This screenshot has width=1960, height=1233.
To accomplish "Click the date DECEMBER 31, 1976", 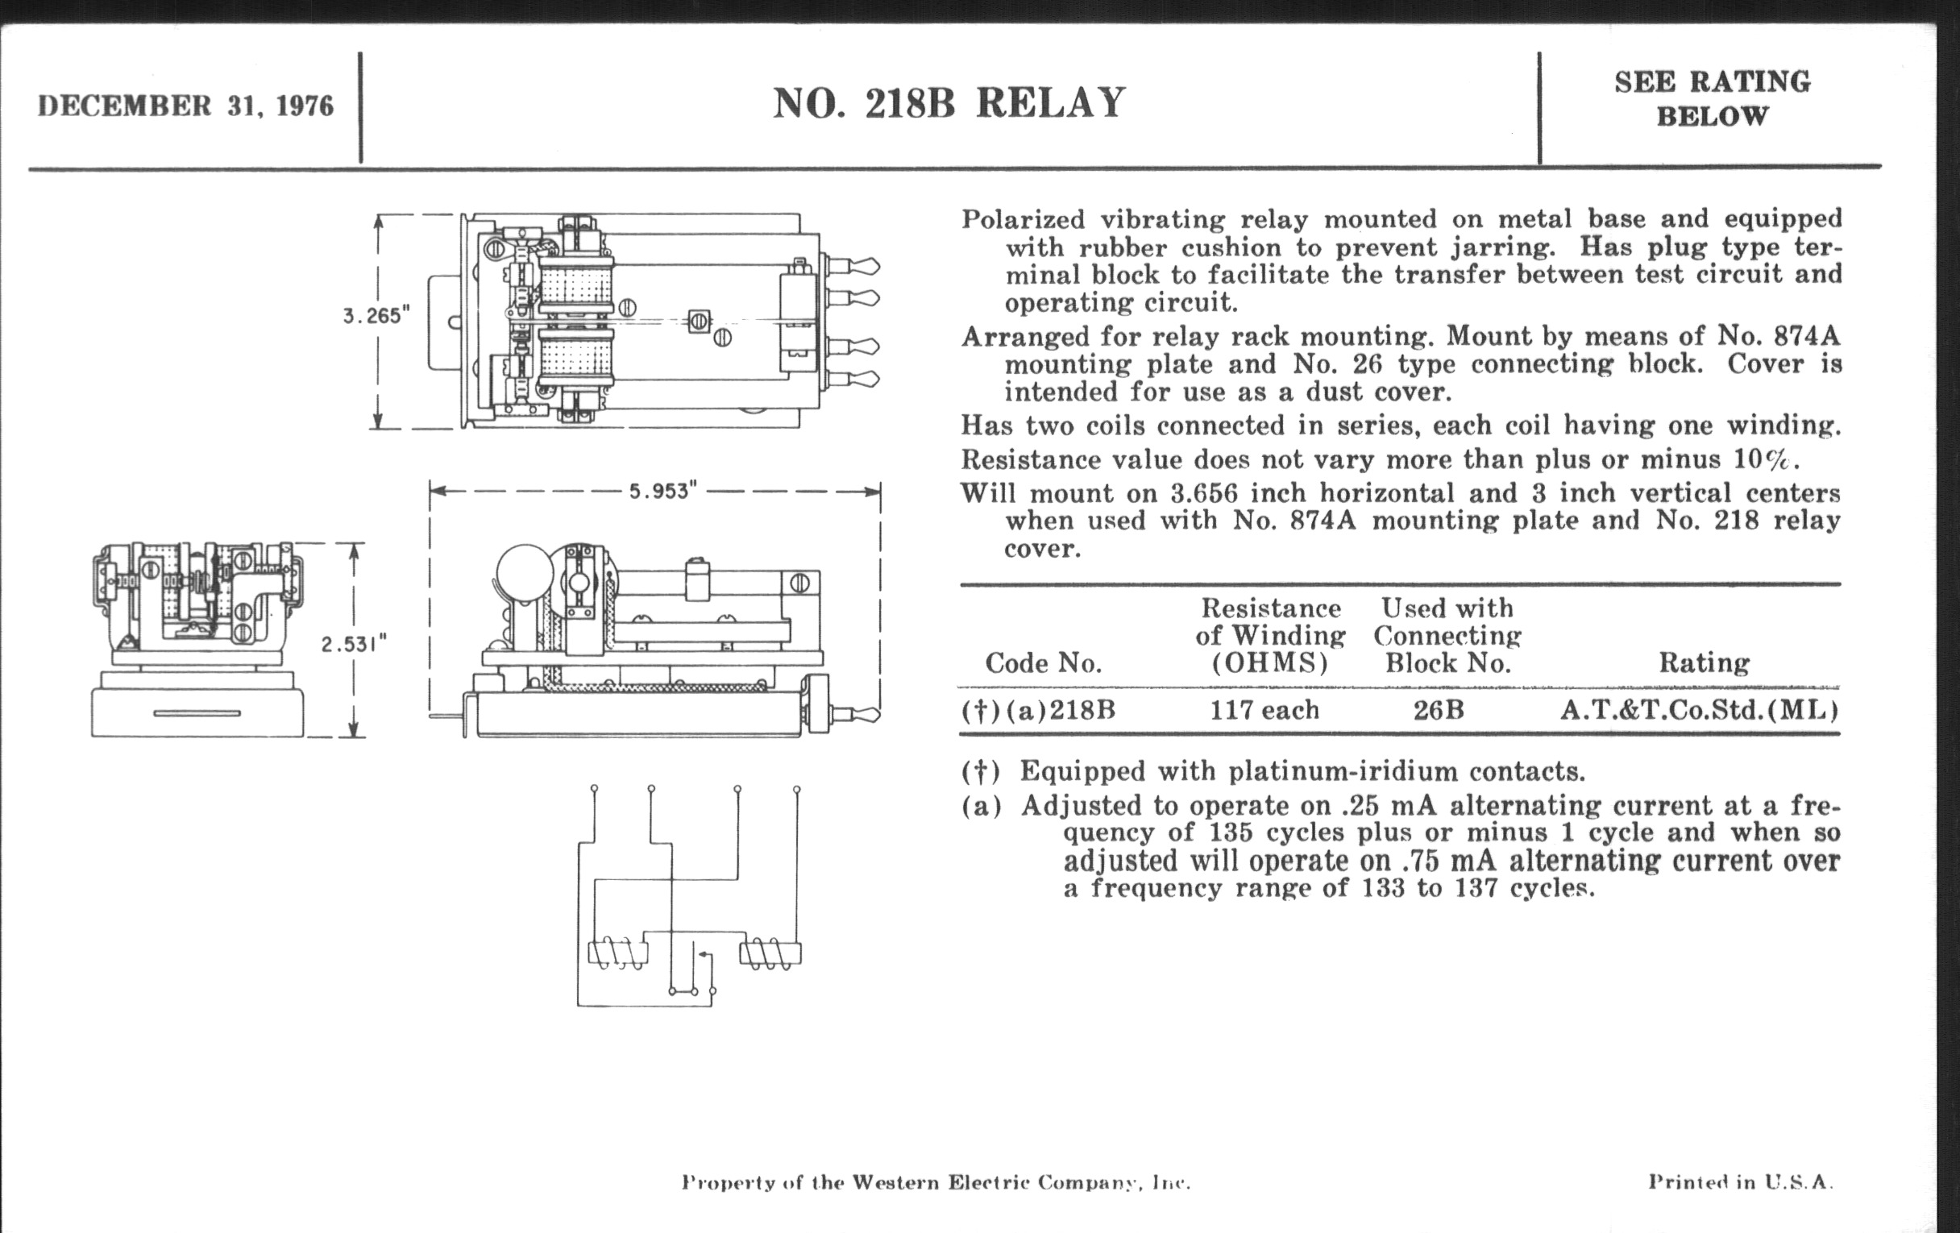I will click(185, 106).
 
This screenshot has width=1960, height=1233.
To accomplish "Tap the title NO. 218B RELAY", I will click(949, 103).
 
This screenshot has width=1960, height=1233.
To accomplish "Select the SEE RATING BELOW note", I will click(1712, 98).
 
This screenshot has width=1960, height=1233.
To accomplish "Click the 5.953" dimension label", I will click(662, 492).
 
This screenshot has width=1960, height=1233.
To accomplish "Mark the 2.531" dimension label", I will click(353, 645).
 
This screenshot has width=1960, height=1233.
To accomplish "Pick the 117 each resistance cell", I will click(1264, 711).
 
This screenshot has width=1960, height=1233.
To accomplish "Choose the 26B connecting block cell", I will click(1439, 711).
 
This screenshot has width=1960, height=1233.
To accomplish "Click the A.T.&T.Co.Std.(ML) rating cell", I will click(1699, 711).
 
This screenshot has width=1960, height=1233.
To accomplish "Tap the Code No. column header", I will click(1043, 663).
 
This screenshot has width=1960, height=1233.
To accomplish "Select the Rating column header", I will click(1704, 663).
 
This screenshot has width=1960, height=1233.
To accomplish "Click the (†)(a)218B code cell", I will click(1038, 711).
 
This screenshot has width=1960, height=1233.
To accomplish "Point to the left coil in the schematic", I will click(618, 954).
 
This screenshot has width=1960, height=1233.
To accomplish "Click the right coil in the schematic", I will click(769, 954).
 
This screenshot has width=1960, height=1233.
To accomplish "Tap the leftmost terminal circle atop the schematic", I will click(594, 789).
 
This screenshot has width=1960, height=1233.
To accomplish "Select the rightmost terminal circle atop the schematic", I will click(796, 790).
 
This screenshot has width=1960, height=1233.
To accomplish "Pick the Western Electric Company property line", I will click(935, 1182).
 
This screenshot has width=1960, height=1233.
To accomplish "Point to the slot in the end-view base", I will click(197, 714).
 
